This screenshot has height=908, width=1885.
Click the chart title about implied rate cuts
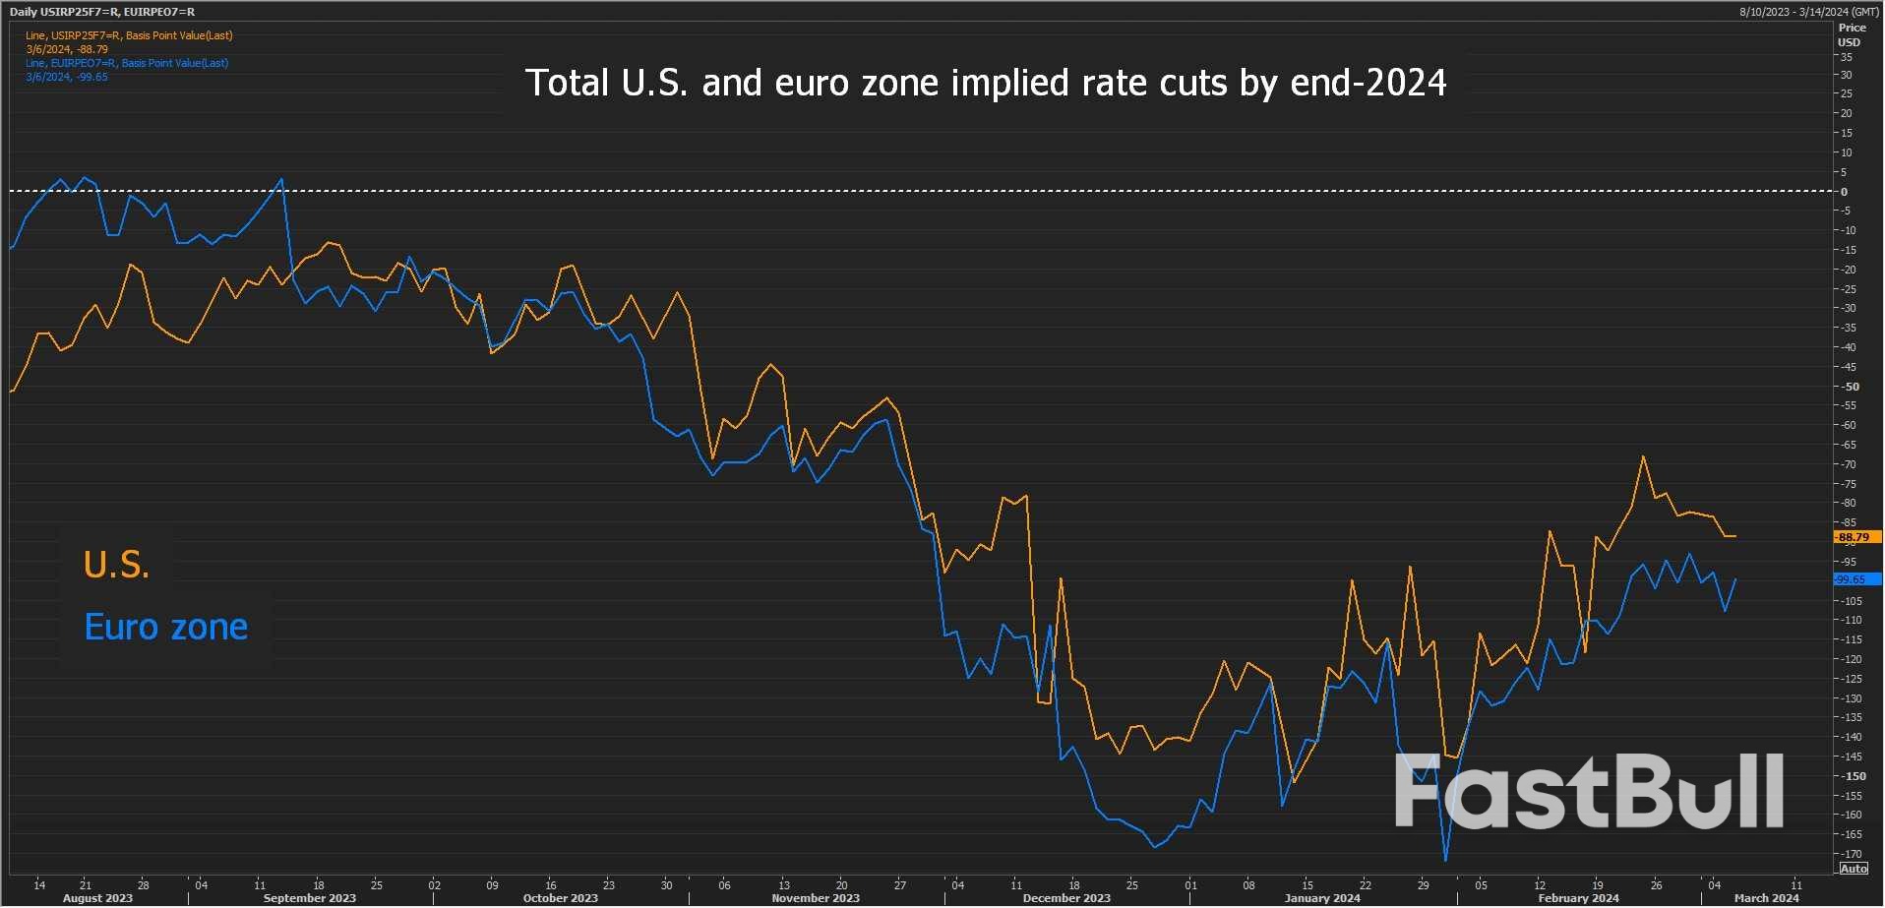[x=986, y=83]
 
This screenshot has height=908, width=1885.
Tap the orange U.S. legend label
[x=116, y=565]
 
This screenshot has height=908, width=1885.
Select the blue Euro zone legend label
[x=165, y=627]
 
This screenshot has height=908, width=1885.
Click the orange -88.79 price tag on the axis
[x=1855, y=537]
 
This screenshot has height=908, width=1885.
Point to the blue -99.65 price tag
[x=1855, y=579]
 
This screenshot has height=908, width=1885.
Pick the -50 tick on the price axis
[x=1852, y=387]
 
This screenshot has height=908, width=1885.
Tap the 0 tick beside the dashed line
[x=1845, y=192]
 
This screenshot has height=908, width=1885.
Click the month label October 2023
[x=560, y=898]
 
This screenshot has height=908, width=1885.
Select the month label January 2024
[x=1322, y=898]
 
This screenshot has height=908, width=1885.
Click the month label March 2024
[x=1766, y=898]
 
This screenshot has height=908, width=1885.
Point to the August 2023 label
[x=97, y=898]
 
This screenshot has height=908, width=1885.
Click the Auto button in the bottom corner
[x=1854, y=869]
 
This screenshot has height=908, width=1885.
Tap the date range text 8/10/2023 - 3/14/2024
[x=1808, y=12]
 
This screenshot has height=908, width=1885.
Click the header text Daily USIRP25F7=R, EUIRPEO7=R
[x=102, y=12]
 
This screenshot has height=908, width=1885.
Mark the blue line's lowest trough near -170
[x=1446, y=860]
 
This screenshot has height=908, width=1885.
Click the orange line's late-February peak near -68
[x=1643, y=456]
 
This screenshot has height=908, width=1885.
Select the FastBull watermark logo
[x=1589, y=791]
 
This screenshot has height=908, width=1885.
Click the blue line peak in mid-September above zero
[x=282, y=179]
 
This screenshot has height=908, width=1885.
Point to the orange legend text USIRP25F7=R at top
[x=129, y=35]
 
